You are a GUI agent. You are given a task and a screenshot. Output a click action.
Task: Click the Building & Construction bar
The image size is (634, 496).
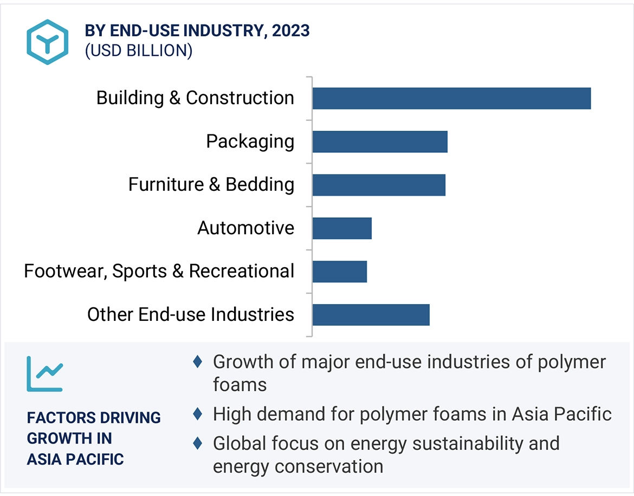tap(451, 98)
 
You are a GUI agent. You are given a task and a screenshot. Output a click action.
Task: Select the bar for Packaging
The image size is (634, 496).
tap(380, 141)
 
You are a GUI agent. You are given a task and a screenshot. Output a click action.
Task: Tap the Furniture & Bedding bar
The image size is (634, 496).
tap(379, 185)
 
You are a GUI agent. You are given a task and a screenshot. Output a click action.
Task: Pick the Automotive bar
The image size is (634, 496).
tap(342, 228)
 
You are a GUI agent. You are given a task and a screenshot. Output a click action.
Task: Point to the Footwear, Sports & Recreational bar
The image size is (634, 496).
tap(340, 272)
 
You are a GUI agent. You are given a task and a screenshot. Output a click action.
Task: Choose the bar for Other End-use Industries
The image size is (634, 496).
tap(371, 315)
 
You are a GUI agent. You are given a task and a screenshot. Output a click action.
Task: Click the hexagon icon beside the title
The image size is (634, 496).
tap(48, 42)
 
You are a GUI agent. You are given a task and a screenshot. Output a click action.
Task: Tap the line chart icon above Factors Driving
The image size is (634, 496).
tap(44, 374)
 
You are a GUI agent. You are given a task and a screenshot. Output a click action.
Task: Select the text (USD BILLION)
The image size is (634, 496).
tap(138, 50)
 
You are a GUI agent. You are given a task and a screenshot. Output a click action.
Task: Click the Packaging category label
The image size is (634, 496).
tap(250, 141)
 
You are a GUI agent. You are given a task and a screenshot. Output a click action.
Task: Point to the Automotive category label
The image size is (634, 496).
tap(246, 228)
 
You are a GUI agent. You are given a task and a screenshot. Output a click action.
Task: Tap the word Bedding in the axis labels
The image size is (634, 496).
tap(260, 185)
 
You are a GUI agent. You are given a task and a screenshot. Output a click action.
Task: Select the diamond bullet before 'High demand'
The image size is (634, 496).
tap(198, 415)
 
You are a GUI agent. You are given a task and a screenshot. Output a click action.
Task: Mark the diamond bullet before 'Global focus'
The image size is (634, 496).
tap(198, 443)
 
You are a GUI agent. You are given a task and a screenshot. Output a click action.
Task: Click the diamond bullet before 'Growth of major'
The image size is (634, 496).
tap(198, 362)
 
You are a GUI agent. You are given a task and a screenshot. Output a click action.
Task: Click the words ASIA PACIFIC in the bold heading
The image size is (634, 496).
tap(75, 459)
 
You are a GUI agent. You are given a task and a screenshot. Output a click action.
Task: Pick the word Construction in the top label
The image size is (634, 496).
tap(240, 98)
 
